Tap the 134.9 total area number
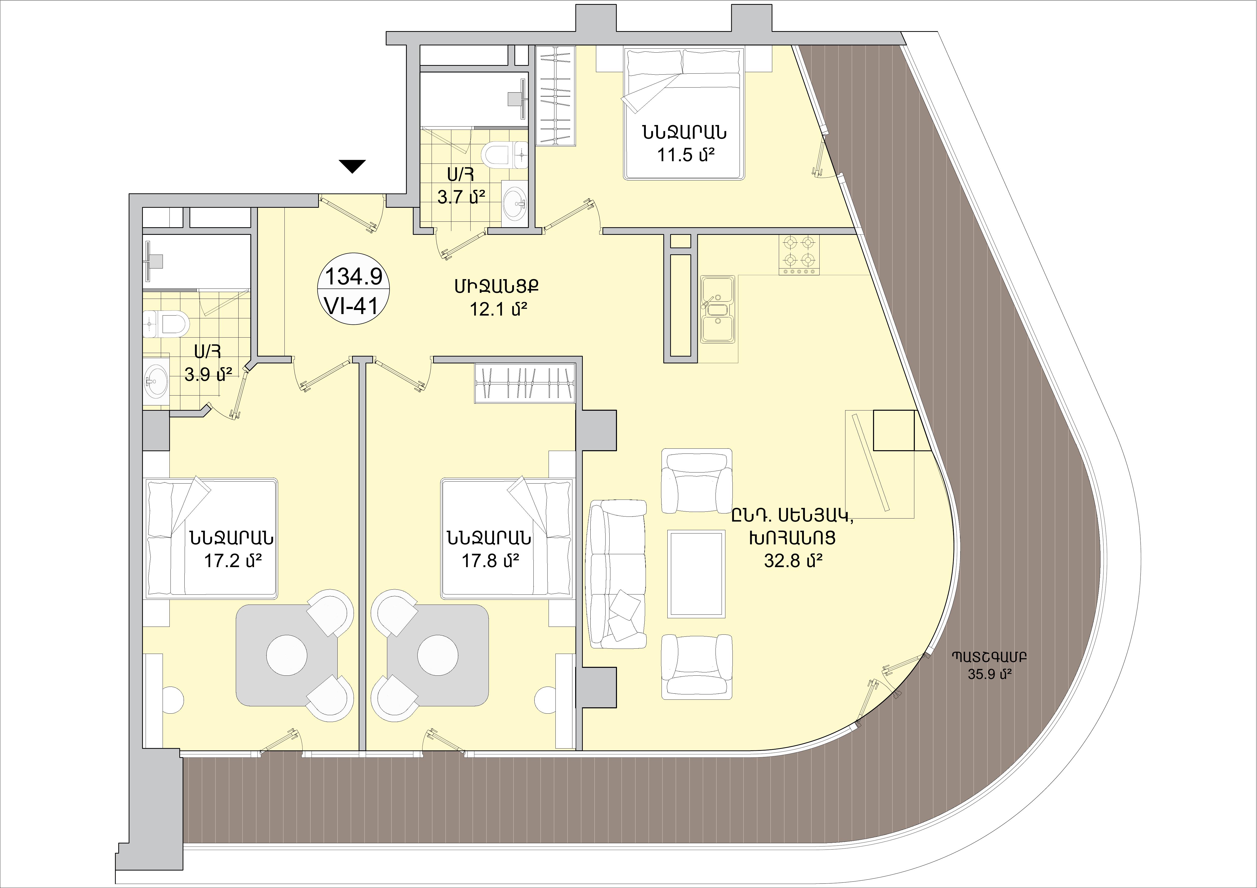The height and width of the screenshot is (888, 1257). point(354,277)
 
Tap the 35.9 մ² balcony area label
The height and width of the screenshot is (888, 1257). point(989,674)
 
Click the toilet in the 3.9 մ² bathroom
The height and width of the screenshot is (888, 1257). point(169,324)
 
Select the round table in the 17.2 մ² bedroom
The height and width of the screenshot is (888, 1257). point(286,654)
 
